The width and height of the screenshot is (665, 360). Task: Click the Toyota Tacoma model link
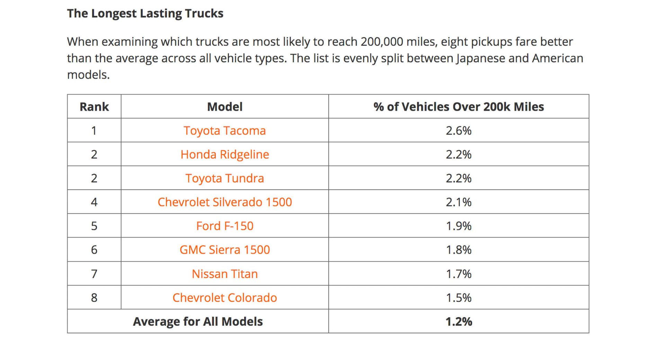coord(224,130)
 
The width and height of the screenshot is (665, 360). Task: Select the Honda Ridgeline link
coord(224,154)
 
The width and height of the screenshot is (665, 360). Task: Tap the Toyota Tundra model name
coord(224,178)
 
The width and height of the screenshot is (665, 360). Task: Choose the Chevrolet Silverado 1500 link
coord(224,202)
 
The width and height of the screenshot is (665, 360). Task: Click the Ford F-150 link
coord(224,226)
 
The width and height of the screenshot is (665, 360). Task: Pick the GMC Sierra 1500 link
coord(224,250)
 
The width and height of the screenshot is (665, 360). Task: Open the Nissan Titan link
coord(224,274)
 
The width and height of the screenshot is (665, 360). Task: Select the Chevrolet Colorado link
coord(224,298)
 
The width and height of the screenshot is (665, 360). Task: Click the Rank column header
coord(94,107)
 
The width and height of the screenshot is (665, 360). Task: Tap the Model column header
coord(224,107)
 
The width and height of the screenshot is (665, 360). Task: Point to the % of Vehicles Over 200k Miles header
coord(459,107)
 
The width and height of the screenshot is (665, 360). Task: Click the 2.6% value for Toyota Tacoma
coord(459,130)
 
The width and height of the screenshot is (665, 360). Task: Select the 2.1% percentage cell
coord(459,202)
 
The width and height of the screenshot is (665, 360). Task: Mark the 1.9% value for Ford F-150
coord(459,226)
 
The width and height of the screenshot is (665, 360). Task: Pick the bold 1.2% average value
coord(459,322)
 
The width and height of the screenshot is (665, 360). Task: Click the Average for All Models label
coord(198,322)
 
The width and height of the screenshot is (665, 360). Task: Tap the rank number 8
coord(94,298)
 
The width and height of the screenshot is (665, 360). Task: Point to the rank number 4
coord(94,202)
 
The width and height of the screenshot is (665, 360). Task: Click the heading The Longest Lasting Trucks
coord(145,13)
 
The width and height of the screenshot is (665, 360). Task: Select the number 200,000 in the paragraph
coord(381,42)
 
